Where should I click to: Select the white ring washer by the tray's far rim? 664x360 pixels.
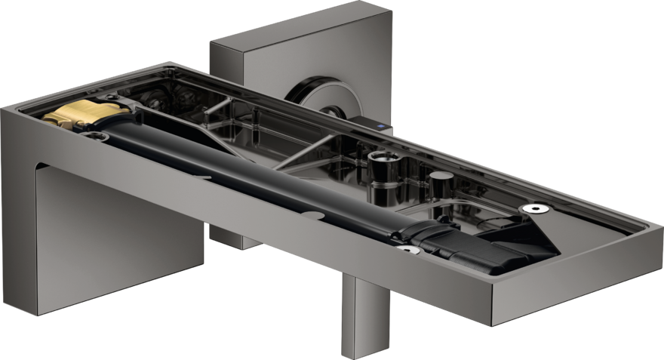click(536, 208)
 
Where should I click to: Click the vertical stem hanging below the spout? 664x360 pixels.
click(356, 317)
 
